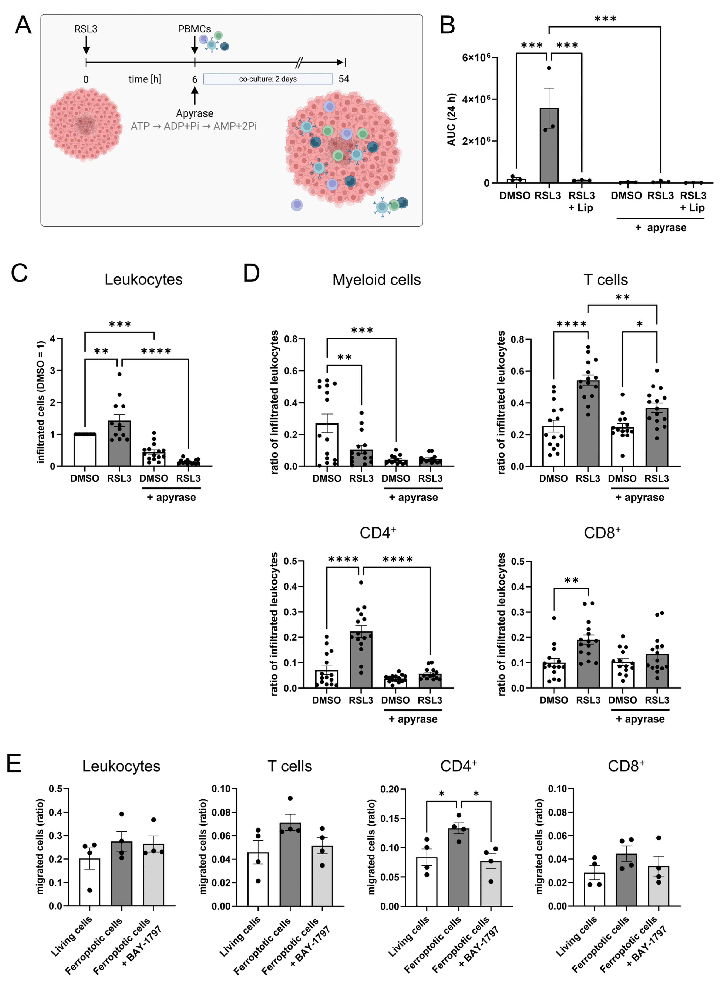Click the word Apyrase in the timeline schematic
tap(195, 113)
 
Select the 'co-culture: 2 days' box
tap(268, 79)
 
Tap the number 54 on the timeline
tap(344, 79)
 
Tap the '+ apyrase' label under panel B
tap(661, 228)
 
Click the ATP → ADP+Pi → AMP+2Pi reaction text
tap(194, 126)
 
